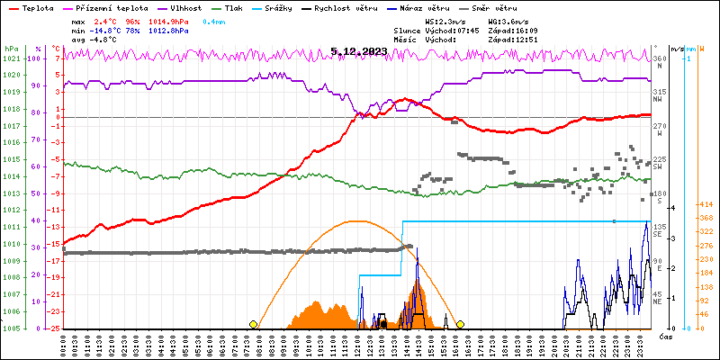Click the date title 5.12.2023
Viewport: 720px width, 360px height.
pyautogui.click(x=358, y=51)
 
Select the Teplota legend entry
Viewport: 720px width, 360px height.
pyautogui.click(x=36, y=6)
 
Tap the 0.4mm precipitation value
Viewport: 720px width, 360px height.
pyautogui.click(x=213, y=20)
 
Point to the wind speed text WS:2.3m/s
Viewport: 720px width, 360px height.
pyautogui.click(x=445, y=20)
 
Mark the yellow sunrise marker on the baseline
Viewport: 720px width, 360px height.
pyautogui.click(x=254, y=324)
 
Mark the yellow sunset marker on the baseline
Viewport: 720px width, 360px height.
pyautogui.click(x=460, y=324)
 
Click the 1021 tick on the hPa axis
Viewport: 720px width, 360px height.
pyautogui.click(x=11, y=58)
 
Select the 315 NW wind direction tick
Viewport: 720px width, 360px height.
pyautogui.click(x=659, y=93)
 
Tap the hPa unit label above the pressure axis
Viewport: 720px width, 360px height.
pyautogui.click(x=11, y=49)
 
